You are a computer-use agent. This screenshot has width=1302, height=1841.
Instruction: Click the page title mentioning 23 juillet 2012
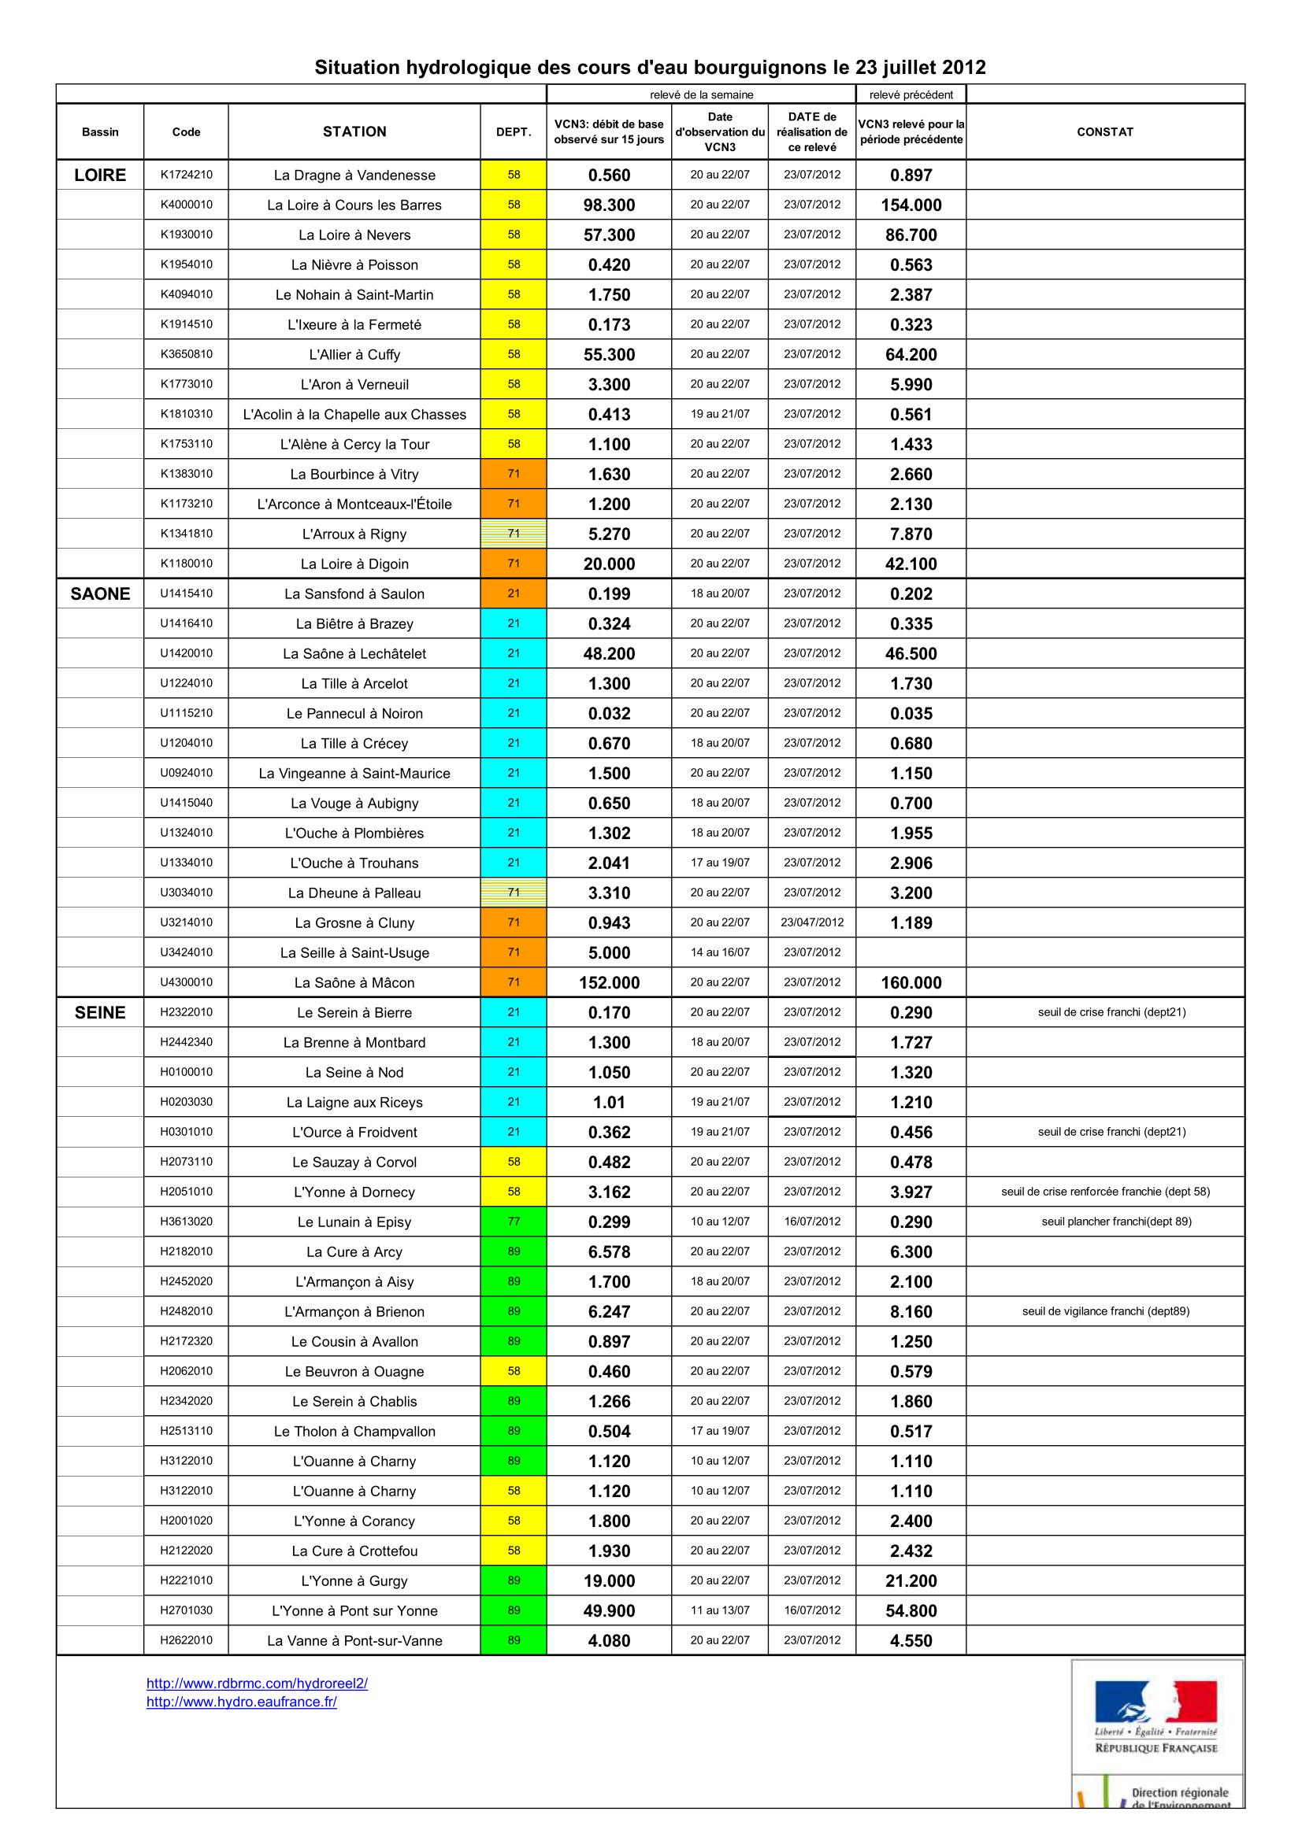(x=650, y=68)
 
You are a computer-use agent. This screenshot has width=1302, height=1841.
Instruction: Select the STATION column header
(x=354, y=131)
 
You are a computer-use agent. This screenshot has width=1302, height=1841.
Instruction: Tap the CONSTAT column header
(x=1104, y=131)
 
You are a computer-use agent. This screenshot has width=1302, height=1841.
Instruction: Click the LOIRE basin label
(x=100, y=175)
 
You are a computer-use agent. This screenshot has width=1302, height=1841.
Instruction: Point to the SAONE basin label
(x=100, y=593)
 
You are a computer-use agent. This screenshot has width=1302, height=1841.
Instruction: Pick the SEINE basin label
(x=100, y=1013)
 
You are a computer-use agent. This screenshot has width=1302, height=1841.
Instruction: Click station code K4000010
(x=186, y=205)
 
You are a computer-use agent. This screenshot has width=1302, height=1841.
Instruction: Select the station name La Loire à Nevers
(x=354, y=235)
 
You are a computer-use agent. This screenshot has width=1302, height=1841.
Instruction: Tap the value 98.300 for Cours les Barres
(x=609, y=205)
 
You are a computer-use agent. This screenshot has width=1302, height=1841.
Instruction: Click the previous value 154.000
(x=911, y=205)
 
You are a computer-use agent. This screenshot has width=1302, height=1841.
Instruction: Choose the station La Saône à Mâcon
(x=354, y=983)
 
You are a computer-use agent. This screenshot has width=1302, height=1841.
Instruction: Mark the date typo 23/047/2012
(x=812, y=922)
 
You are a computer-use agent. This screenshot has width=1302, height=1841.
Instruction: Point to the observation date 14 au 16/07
(x=720, y=952)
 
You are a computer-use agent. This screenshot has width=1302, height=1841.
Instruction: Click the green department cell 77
(x=514, y=1222)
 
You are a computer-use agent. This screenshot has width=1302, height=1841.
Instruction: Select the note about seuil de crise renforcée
(x=1105, y=1192)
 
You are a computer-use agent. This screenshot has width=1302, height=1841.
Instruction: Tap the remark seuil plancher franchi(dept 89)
(x=1116, y=1222)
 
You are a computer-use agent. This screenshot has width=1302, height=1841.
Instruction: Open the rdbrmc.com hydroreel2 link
(x=257, y=1683)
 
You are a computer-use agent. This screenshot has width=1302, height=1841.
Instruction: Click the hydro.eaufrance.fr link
(x=242, y=1702)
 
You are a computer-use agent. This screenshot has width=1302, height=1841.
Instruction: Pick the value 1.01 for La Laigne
(x=609, y=1103)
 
